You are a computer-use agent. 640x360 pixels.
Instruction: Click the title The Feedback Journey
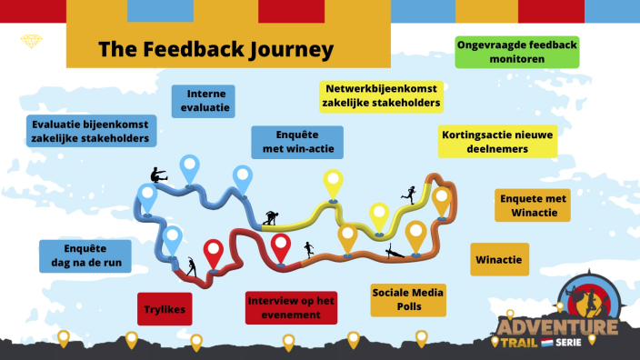[x=215, y=49]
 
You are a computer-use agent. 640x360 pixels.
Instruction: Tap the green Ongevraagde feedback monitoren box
[x=516, y=52]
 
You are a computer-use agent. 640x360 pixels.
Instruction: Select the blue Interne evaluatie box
[x=204, y=101]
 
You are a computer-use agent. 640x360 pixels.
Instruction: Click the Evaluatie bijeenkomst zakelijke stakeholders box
[x=90, y=130]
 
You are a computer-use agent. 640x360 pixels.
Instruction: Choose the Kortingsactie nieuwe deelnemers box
[x=497, y=142]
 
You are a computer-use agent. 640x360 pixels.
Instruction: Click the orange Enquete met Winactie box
[x=533, y=205]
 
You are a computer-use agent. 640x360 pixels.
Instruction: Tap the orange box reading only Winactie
[x=498, y=259]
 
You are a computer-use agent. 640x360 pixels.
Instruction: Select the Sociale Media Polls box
[x=408, y=300]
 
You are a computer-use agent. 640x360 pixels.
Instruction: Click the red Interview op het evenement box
[x=291, y=307]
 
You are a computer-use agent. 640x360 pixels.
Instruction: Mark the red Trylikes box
[x=165, y=309]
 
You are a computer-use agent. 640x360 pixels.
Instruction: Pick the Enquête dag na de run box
[x=85, y=256]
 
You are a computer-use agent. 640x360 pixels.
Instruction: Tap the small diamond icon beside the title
[x=32, y=42]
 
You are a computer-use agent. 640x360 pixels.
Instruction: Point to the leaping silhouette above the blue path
[x=157, y=176]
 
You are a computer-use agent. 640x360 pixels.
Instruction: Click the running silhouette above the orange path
[x=409, y=193]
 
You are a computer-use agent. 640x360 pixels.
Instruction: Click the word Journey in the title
[x=283, y=49]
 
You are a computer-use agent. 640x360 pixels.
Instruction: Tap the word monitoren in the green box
[x=516, y=59]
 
